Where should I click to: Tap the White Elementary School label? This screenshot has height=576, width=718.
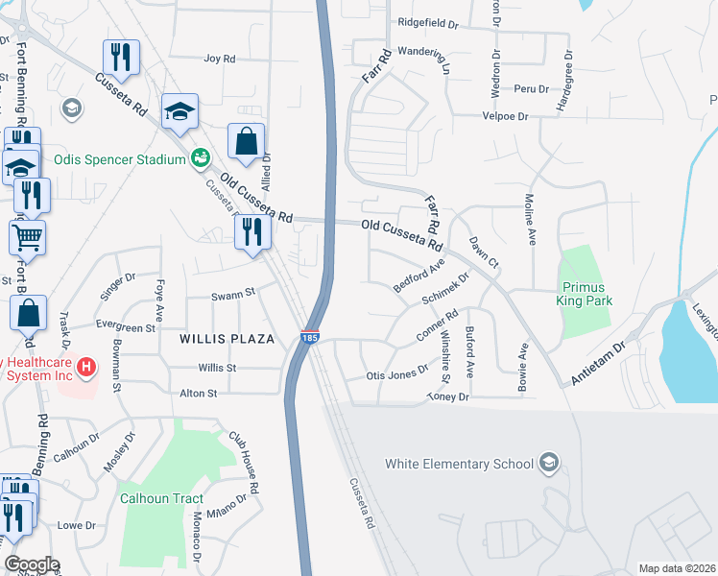(x=459, y=465)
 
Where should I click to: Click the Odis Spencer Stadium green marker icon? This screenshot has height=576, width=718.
(x=201, y=157)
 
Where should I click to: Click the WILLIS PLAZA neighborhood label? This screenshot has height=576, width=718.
(x=227, y=339)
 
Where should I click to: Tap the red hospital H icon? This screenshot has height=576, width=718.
(x=86, y=366)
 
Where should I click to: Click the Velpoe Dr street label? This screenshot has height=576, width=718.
(x=505, y=116)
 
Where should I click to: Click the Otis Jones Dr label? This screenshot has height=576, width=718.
(x=396, y=374)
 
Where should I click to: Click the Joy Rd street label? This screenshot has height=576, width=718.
(x=220, y=59)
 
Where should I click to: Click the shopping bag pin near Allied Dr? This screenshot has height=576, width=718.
(x=247, y=141)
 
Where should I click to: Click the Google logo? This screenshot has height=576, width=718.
(x=32, y=564)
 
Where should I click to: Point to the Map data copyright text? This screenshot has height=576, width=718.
(x=676, y=568)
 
